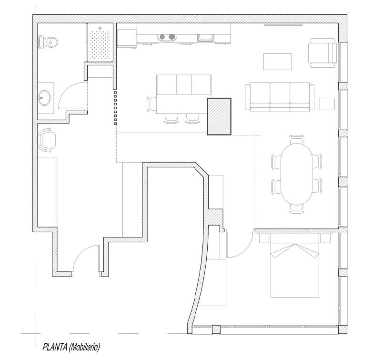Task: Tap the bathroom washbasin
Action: tap(45, 99)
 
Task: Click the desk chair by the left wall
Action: tap(48, 140)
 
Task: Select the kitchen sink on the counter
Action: tap(205, 37)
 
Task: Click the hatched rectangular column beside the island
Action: tap(219, 116)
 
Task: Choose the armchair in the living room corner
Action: tap(322, 53)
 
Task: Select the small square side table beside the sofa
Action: tap(327, 104)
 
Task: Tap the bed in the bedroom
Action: tap(294, 269)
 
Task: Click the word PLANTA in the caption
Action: tap(54, 347)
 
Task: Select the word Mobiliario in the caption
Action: tap(84, 347)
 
